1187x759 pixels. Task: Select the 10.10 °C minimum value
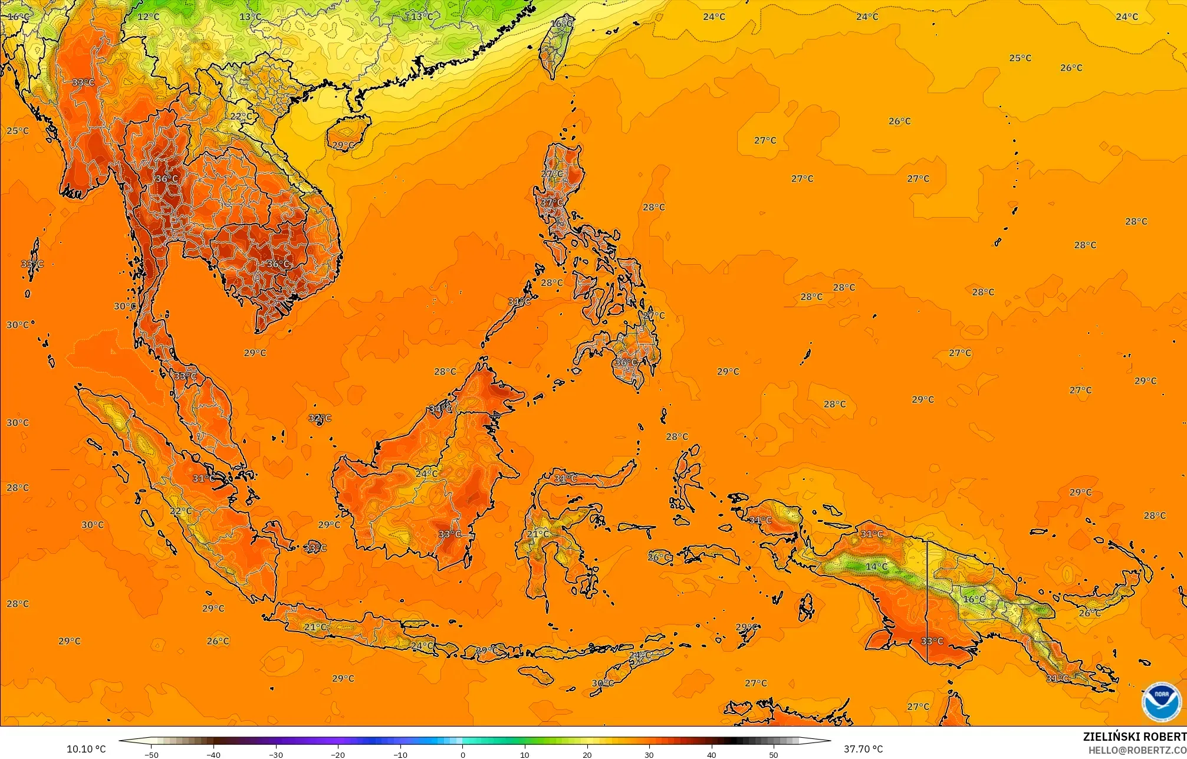pos(86,749)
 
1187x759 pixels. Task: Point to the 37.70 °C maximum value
pos(863,749)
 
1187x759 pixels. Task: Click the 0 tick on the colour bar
pos(463,754)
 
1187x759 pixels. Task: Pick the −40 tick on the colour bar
pos(213,754)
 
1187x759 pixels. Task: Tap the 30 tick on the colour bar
pos(649,754)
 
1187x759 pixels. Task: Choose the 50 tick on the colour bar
pos(774,754)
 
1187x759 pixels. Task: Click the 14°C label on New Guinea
pos(876,567)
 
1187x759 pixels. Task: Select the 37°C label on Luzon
pos(552,202)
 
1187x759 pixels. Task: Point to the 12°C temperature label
pos(149,17)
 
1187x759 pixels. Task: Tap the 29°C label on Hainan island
pos(343,145)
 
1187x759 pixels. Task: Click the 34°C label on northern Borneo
pos(440,409)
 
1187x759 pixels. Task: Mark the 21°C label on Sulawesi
pos(538,534)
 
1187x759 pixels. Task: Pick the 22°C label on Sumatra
pos(181,511)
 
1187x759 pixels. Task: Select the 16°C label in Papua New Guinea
pos(974,599)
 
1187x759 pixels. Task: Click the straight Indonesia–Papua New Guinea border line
pos(928,602)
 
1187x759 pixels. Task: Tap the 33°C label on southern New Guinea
pos(932,641)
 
